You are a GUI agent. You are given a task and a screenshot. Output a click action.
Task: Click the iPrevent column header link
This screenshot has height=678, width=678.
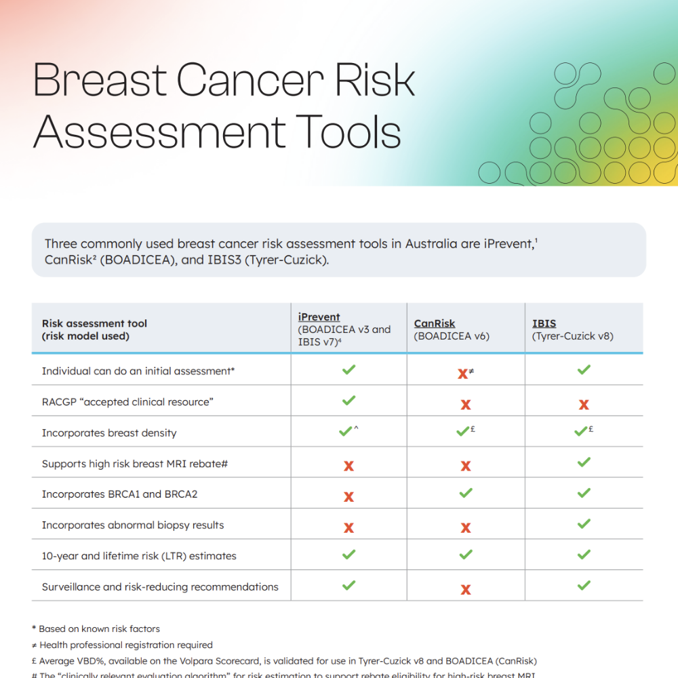(319, 317)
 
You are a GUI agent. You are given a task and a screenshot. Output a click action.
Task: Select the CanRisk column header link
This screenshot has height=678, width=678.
(435, 323)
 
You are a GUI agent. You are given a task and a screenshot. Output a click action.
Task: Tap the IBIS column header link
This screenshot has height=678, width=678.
(544, 323)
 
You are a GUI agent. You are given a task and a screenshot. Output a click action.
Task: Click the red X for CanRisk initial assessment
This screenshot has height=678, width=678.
(462, 374)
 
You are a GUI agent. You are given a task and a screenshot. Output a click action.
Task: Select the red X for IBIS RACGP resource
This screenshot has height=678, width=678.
(583, 405)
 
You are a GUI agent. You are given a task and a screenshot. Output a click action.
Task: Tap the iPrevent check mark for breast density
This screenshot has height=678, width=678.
(345, 431)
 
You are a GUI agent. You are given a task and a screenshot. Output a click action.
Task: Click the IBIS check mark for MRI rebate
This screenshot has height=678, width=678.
(583, 462)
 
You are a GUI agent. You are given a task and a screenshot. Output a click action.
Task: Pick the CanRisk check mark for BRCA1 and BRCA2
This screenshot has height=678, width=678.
(465, 493)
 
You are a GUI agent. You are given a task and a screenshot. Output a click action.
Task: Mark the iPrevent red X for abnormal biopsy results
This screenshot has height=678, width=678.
(348, 527)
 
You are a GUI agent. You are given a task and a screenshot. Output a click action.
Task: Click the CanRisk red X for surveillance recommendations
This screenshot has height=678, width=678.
(465, 589)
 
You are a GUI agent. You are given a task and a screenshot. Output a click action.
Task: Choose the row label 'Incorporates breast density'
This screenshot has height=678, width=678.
(108, 433)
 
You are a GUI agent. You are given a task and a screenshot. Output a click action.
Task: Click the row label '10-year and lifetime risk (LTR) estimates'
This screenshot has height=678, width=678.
(139, 556)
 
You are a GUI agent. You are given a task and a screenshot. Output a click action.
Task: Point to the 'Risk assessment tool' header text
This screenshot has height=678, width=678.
(94, 323)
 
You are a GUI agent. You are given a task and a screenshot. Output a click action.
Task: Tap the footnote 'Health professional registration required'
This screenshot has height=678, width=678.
(125, 645)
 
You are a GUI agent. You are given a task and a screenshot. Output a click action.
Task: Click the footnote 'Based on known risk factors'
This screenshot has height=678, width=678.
(99, 629)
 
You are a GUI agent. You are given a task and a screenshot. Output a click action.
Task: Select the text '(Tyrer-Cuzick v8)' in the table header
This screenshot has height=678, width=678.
(572, 336)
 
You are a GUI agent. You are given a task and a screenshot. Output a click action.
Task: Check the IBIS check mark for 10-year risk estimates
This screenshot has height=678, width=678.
(583, 555)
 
